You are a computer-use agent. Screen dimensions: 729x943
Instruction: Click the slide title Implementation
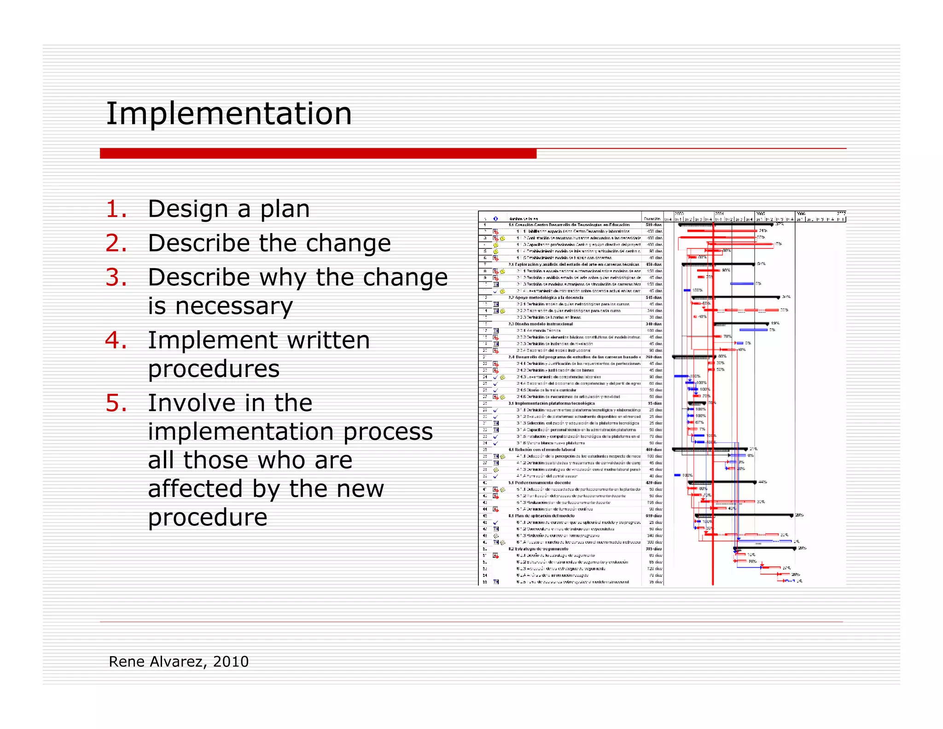(229, 114)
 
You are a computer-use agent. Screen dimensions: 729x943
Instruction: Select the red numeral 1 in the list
(116, 209)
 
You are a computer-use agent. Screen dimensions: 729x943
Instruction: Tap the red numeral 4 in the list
(116, 341)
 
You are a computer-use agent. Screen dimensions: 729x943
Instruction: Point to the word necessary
(220, 306)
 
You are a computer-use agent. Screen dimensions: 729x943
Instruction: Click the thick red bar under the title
(318, 153)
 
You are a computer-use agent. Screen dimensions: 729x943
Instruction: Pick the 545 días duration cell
(653, 298)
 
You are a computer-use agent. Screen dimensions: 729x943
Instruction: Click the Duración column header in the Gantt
(652, 219)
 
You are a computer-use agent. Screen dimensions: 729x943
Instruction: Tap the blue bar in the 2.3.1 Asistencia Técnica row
(753, 330)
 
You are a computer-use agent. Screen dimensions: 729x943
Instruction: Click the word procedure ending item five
(208, 517)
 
